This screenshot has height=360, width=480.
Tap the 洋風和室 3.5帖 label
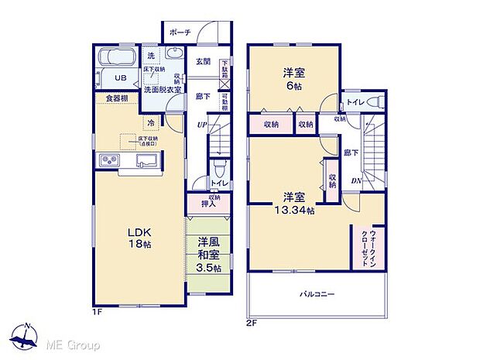coord(208,254)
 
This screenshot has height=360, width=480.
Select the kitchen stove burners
coord(108,160)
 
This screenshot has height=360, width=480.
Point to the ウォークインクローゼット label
coord(362,248)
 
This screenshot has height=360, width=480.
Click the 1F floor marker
coord(98,311)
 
